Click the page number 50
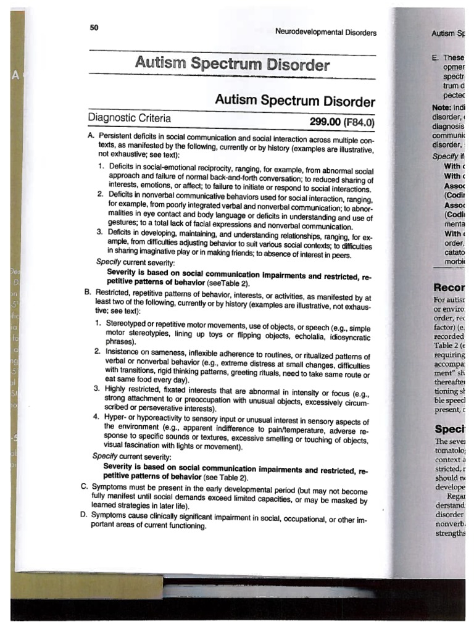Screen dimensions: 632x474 (94, 27)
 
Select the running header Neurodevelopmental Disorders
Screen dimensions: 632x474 (325, 33)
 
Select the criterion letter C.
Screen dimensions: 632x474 (84, 486)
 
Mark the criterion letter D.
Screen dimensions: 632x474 (84, 514)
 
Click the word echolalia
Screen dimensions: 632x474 (299, 336)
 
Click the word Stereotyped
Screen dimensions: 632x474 (128, 323)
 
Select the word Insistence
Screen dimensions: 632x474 (126, 351)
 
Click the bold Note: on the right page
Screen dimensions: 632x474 (442, 106)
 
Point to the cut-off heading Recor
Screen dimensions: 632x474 (453, 287)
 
